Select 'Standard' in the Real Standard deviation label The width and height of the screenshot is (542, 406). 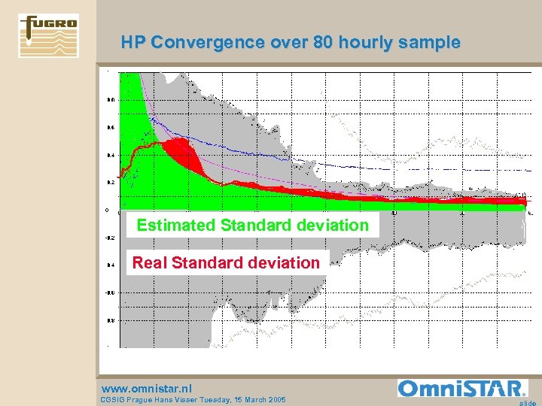206,262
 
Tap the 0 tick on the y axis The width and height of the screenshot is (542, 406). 107,210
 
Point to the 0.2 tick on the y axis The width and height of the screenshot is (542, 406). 110,182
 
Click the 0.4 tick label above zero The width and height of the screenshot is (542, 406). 110,155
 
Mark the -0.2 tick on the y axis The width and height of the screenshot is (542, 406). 110,238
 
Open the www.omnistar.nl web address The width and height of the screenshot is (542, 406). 147,388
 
